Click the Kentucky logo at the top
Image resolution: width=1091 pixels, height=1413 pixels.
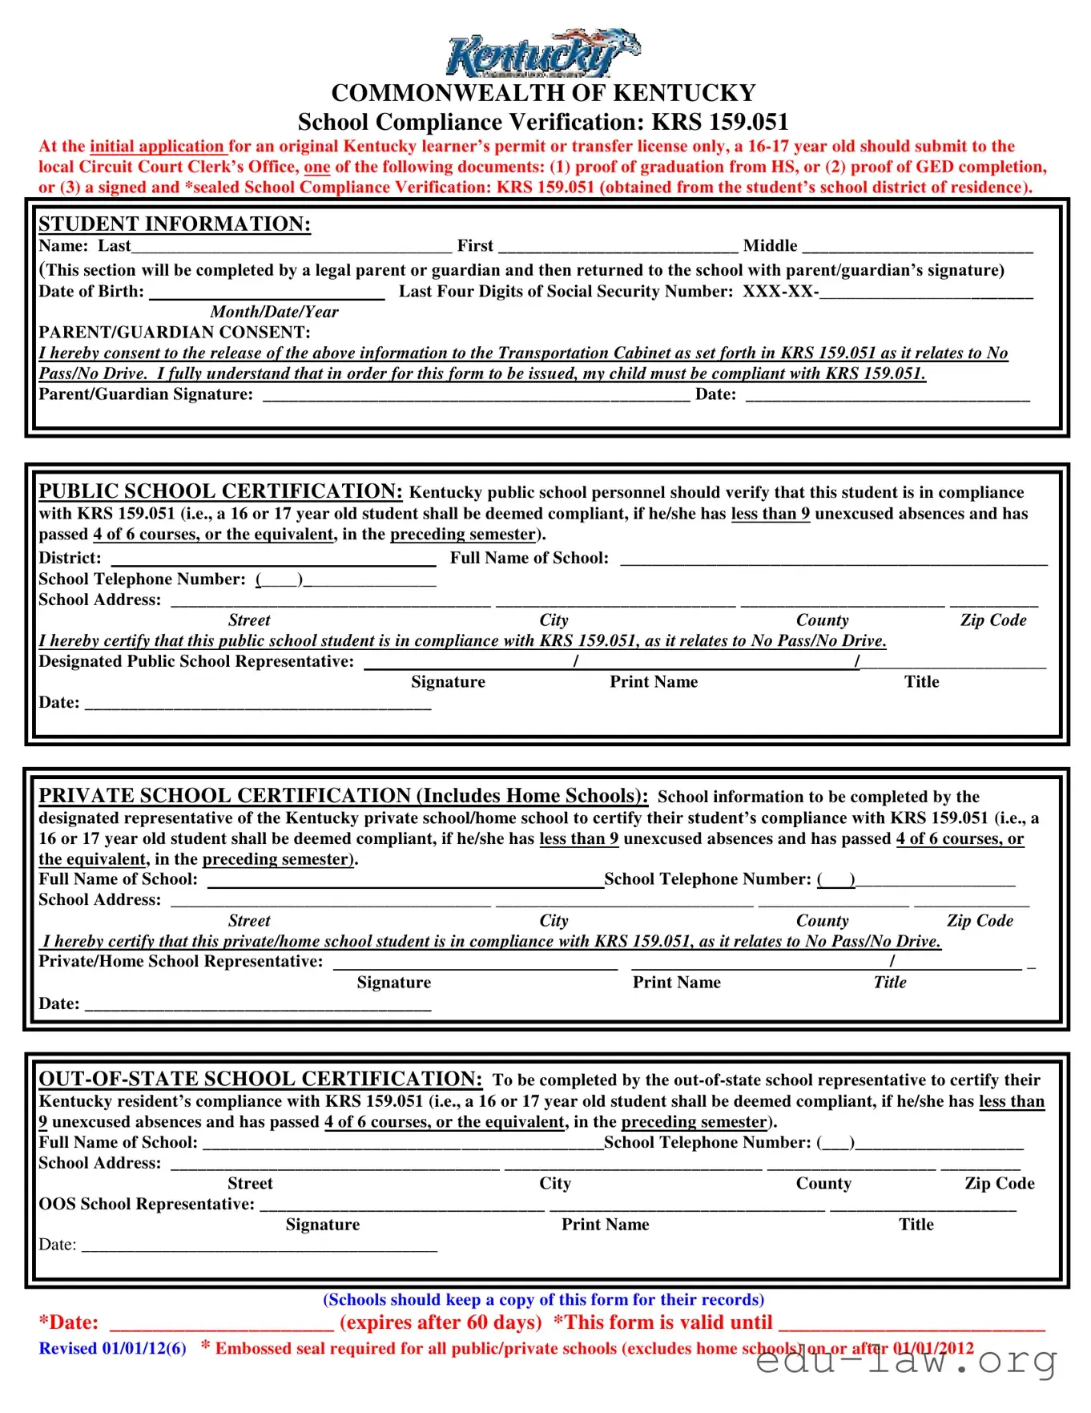click(x=543, y=53)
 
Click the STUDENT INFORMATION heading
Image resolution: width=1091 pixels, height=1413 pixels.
click(x=175, y=224)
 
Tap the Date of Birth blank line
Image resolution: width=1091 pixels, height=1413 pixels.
click(x=267, y=293)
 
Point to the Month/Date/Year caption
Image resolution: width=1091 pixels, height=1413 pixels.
click(x=274, y=312)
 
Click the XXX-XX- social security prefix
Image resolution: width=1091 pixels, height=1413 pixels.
click(x=779, y=292)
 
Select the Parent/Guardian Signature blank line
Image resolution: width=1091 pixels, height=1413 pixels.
click(x=476, y=395)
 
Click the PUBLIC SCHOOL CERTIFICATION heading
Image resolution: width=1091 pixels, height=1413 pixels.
click(x=220, y=491)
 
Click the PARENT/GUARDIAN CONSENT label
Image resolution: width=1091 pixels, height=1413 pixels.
click(x=175, y=333)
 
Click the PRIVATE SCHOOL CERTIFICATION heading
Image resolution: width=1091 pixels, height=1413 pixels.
click(x=343, y=795)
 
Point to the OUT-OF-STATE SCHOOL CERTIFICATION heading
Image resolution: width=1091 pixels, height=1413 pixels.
click(x=260, y=1079)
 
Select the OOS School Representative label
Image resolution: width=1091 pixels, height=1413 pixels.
click(x=147, y=1204)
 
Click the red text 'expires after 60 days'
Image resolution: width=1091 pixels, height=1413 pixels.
click(x=441, y=1322)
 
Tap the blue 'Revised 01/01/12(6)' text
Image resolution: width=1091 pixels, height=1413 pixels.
click(x=112, y=1348)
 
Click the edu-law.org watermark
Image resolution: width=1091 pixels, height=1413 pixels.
click(x=905, y=1360)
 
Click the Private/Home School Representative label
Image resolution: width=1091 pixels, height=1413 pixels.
click(x=181, y=961)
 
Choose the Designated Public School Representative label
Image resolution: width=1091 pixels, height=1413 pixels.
click(x=196, y=661)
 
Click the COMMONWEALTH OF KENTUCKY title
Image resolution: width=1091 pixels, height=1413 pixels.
click(x=543, y=93)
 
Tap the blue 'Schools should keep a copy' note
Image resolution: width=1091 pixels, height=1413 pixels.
click(x=543, y=1299)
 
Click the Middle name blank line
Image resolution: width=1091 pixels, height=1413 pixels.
click(x=917, y=248)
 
